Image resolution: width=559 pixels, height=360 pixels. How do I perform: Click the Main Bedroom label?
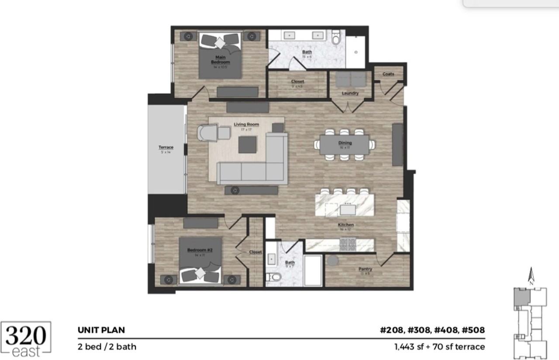pos(221,59)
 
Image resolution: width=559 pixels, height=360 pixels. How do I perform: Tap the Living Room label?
pos(246,125)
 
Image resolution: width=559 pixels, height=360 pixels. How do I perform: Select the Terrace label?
pos(166,148)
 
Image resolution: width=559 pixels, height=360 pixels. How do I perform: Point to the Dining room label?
pos(345,143)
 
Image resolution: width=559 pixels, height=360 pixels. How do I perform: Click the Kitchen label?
pos(345,225)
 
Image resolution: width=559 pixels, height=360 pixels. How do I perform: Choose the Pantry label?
pos(365,269)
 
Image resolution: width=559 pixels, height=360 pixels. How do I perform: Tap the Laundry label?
pos(350,93)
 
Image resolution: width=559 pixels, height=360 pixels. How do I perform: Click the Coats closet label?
pos(388,74)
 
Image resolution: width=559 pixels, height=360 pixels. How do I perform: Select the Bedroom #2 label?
pos(200,250)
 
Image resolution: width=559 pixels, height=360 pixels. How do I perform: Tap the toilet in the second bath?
pos(274,277)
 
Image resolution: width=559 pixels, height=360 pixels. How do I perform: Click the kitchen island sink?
pos(348,209)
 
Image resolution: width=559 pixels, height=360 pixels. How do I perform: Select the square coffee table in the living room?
pos(248,145)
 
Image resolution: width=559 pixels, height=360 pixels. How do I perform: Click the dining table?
pos(345,145)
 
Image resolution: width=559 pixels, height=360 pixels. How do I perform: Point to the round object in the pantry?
pos(333,261)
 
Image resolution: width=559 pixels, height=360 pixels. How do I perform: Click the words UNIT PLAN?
pos(101,330)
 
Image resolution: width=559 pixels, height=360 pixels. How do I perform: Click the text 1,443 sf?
pos(409,347)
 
